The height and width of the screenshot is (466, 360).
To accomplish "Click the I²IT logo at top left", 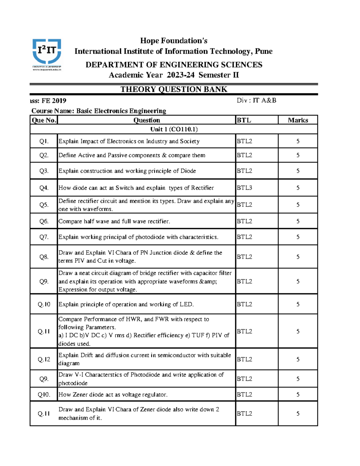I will tap(47, 54).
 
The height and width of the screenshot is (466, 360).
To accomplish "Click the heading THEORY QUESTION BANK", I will tap(174, 89).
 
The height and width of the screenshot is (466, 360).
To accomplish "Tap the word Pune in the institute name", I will tap(264, 51).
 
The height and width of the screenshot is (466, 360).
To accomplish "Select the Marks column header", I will tap(298, 120).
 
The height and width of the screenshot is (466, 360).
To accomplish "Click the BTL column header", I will tap(244, 120).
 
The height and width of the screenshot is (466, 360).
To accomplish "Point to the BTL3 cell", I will tap(244, 188).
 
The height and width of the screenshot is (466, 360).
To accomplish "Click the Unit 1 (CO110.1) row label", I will tap(174, 129).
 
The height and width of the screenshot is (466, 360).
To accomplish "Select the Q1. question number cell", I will tap(44, 141).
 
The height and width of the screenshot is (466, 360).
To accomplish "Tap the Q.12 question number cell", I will tap(44, 359).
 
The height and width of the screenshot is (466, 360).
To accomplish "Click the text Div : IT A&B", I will tap(256, 101).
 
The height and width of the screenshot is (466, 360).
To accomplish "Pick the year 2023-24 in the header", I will tap(181, 75).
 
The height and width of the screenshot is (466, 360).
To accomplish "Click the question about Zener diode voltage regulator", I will tap(113, 395).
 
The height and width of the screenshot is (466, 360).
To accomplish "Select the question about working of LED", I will tap(126, 304).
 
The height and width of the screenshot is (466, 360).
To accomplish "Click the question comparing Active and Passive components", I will tap(132, 155).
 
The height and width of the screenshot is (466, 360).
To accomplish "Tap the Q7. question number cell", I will tap(44, 237).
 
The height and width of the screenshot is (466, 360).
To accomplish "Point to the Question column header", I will tap(146, 120).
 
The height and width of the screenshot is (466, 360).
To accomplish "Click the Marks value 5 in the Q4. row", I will tap(298, 188).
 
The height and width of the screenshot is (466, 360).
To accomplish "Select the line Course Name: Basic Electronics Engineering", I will tap(99, 111).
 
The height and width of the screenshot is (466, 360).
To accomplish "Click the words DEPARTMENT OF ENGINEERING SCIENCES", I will tap(174, 65).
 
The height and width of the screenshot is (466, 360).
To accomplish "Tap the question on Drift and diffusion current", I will tap(145, 359).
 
